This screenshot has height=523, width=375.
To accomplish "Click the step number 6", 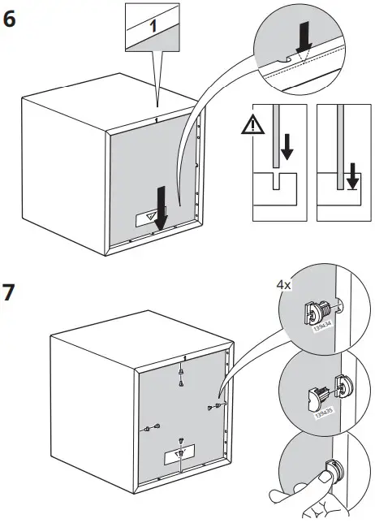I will click(x=11, y=20).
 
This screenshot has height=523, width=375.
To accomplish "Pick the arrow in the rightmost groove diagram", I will click(x=351, y=175).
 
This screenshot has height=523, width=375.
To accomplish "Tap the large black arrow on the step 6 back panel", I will click(x=161, y=207).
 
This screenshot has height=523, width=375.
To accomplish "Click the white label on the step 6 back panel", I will click(x=149, y=216).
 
